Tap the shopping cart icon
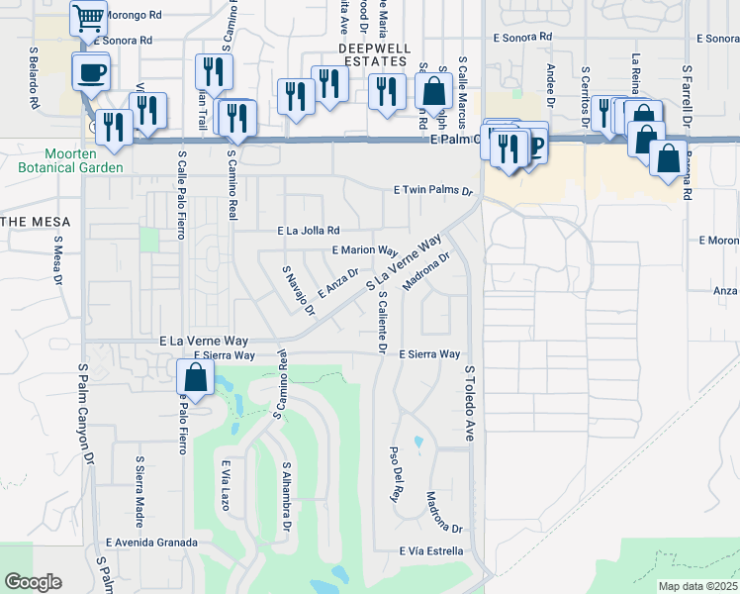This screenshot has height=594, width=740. coord(89,18)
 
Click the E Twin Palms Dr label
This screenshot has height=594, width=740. coord(433,189)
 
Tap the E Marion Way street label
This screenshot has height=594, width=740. coord(365,251)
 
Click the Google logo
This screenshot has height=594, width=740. coord(33,582)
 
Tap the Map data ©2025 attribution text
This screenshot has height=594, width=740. coord(697,586)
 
